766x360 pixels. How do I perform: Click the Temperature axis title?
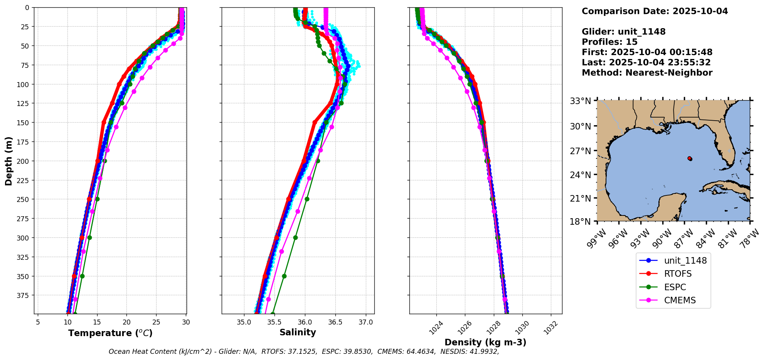[x=110, y=333]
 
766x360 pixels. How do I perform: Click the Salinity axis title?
[x=298, y=332]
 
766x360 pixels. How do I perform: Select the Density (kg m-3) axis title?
[x=485, y=342]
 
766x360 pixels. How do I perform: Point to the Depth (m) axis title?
[x=8, y=161]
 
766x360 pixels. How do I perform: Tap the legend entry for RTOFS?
[x=678, y=274]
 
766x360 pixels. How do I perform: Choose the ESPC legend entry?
[x=675, y=287]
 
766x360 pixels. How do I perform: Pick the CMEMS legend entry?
[x=680, y=301]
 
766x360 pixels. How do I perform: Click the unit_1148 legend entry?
[x=685, y=261]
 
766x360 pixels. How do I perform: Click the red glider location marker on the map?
[x=690, y=158]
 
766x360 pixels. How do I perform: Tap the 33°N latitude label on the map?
[x=581, y=101]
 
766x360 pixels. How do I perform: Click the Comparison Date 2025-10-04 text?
[x=655, y=11]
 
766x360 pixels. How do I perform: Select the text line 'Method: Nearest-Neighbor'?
[x=647, y=73]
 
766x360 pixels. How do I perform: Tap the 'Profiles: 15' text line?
[x=609, y=42]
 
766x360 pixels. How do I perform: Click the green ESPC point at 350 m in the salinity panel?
[x=284, y=276]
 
